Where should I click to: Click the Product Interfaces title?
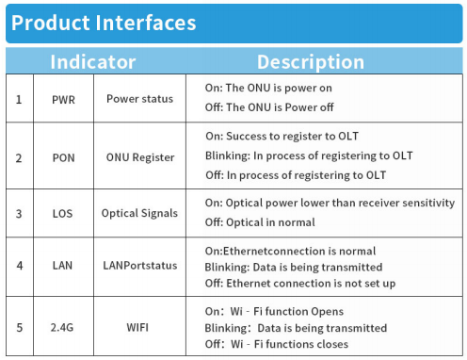click(105, 23)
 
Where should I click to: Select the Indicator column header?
click(92, 63)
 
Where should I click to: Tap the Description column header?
click(310, 63)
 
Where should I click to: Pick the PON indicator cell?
click(64, 157)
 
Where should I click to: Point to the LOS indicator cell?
click(64, 214)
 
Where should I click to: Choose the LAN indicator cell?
click(64, 266)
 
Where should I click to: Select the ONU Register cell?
click(138, 157)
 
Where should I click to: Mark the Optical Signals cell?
click(139, 214)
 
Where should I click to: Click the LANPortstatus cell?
click(139, 266)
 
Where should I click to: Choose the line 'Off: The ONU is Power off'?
click(268, 107)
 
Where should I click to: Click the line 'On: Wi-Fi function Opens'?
click(274, 311)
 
